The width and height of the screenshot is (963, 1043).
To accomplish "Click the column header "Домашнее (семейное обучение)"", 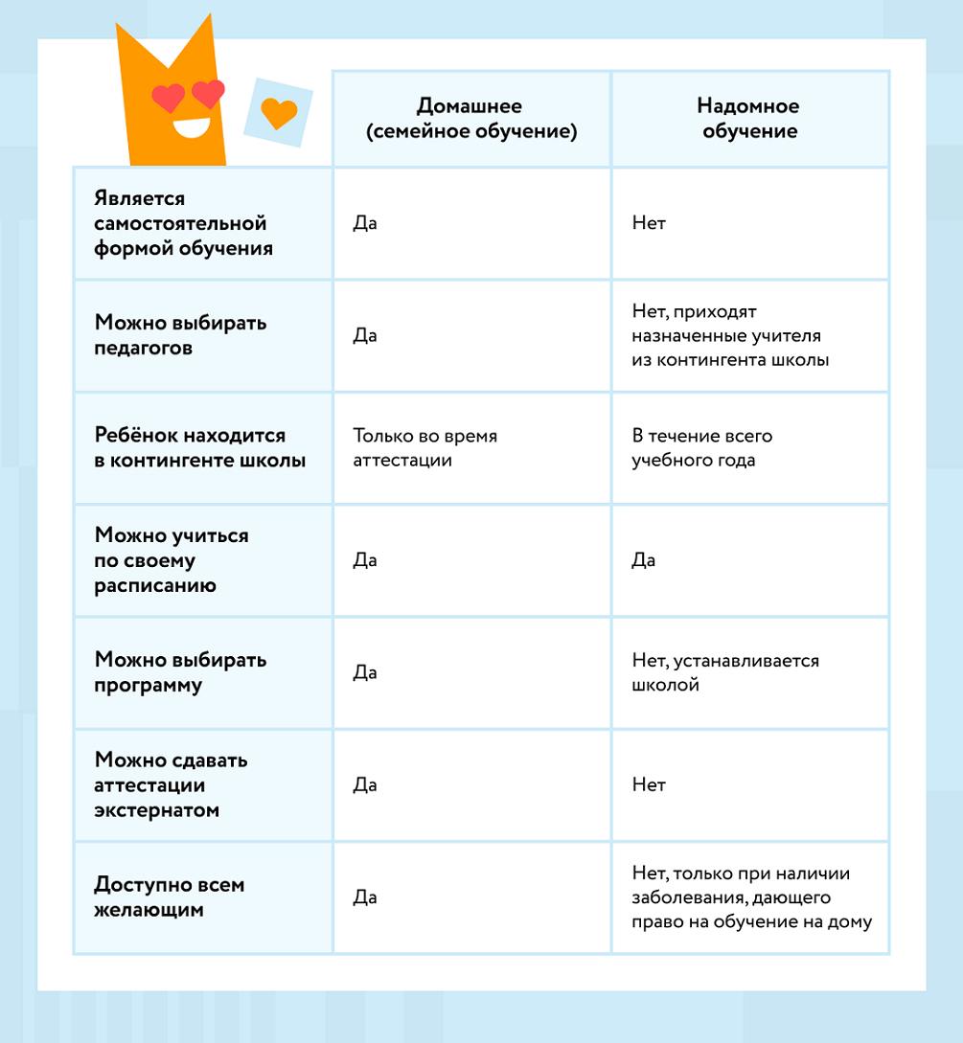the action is (470, 119).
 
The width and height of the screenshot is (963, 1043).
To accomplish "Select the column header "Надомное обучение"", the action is (749, 119).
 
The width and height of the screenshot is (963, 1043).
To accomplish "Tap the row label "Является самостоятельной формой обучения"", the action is (180, 223).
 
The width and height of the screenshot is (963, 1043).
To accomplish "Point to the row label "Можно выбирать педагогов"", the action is (180, 335).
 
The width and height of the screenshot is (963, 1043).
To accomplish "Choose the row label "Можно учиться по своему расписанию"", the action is (157, 560).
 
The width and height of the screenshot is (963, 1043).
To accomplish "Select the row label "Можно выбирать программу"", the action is (180, 672).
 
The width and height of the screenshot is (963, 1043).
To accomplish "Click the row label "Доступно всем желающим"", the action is (169, 896).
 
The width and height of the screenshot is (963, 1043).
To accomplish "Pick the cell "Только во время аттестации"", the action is (424, 447).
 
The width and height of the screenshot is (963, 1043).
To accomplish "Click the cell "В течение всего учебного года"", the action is (701, 447).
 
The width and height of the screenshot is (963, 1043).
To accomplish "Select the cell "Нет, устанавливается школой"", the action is (725, 672).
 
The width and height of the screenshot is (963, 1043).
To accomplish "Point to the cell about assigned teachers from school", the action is (730, 335).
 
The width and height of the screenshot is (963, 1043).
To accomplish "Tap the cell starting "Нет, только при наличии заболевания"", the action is (751, 897).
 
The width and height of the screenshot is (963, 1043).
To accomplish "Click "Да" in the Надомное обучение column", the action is (643, 560).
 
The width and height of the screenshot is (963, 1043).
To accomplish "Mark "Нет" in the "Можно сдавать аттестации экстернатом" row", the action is (648, 784).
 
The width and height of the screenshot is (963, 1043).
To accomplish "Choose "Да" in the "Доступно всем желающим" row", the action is (364, 897).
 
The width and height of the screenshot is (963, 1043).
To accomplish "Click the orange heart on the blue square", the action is (279, 113).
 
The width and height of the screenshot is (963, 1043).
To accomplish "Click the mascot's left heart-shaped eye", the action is (169, 96).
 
